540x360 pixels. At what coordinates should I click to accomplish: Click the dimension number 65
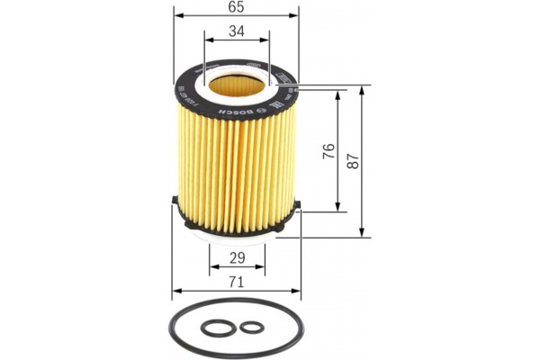(x=237, y=7)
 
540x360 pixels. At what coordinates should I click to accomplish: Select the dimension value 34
(x=237, y=31)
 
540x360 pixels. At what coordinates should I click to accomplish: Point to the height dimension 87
(x=354, y=162)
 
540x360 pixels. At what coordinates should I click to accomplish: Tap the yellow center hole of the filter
(x=237, y=88)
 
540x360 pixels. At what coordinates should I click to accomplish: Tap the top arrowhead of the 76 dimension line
(x=338, y=94)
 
